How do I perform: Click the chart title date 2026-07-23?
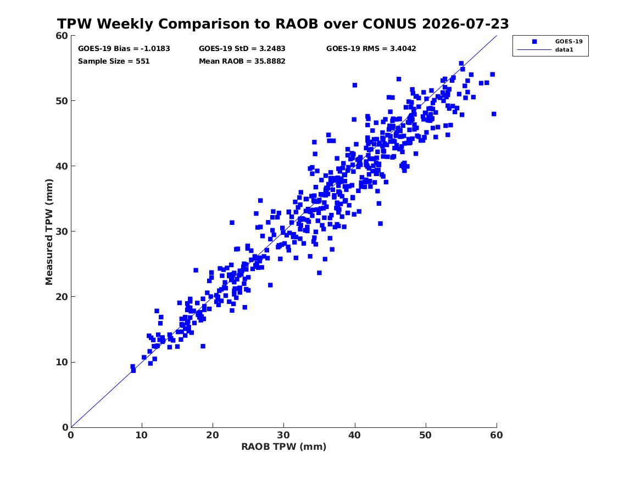tap(465, 24)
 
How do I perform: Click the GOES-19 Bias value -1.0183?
tap(155, 49)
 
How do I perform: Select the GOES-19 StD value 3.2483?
tap(272, 49)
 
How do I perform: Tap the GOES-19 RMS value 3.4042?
tap(403, 49)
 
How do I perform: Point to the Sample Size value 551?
tap(143, 61)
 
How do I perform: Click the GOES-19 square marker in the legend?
tap(534, 41)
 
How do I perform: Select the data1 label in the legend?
tap(564, 50)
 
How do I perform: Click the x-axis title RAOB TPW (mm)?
tap(284, 447)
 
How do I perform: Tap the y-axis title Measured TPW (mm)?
tap(49, 232)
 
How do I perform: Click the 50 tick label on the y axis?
tap(62, 101)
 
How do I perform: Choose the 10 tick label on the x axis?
tap(142, 435)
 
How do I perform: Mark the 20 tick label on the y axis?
tap(62, 297)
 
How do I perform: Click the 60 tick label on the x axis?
tap(497, 435)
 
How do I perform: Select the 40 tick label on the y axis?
tap(62, 166)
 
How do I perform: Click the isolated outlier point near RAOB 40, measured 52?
tap(355, 86)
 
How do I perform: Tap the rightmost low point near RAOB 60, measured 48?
tap(494, 114)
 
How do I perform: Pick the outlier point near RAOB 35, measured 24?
tap(319, 273)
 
